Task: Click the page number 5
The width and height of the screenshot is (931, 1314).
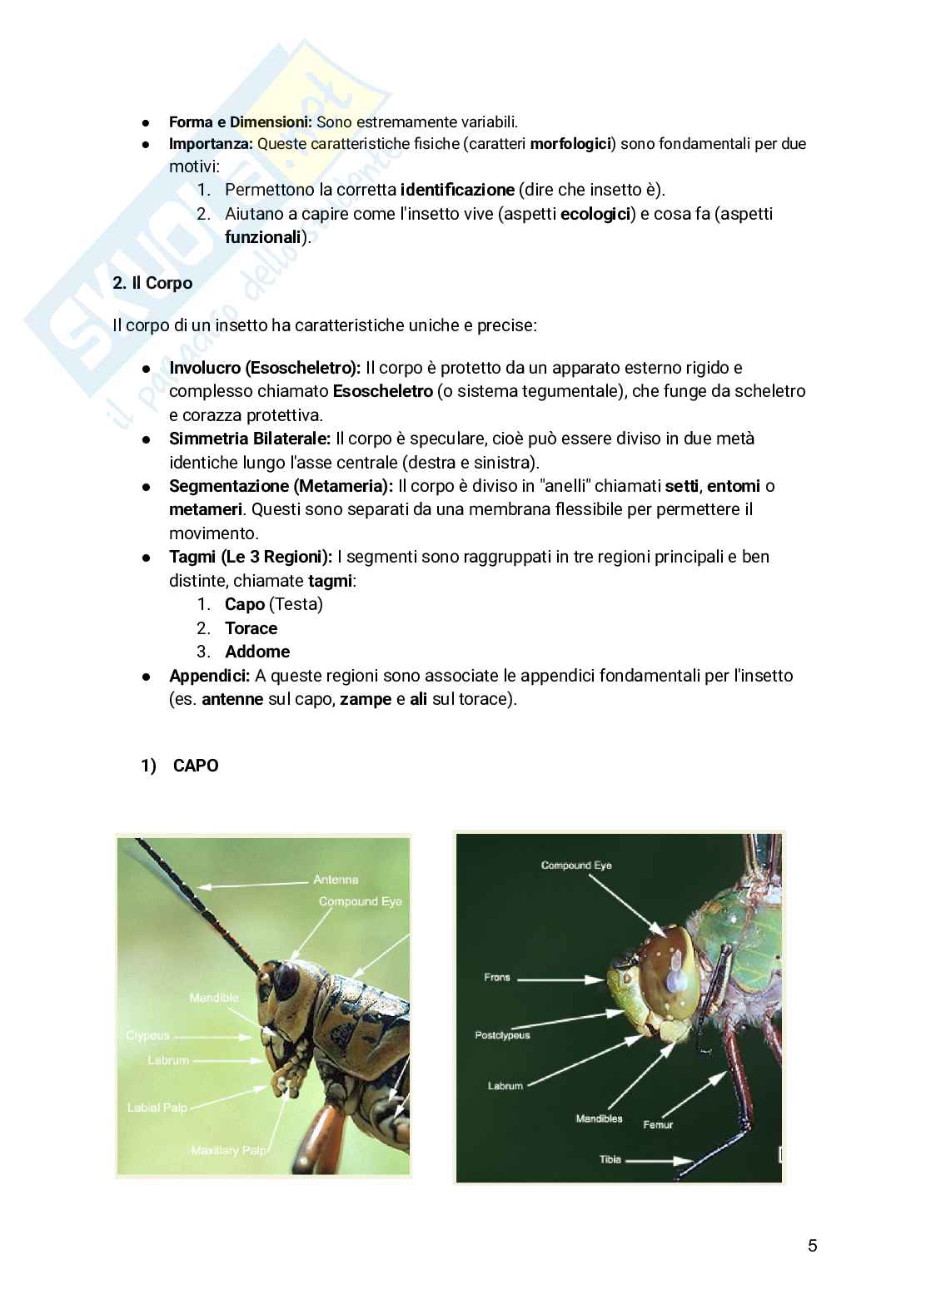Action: click(812, 1246)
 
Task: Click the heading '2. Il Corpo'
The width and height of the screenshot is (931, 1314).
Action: click(152, 283)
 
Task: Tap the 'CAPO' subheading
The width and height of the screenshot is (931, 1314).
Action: click(196, 766)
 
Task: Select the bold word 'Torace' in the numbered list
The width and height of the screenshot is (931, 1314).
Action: click(251, 628)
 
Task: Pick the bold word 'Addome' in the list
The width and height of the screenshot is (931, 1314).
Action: click(257, 652)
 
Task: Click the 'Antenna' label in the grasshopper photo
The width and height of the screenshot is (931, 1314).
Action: click(336, 880)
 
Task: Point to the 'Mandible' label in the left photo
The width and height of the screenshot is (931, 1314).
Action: click(214, 998)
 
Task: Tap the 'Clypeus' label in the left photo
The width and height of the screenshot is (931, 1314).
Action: click(148, 1035)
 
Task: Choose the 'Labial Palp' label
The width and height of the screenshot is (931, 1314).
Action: click(157, 1108)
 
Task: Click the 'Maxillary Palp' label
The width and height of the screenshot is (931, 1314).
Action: click(229, 1150)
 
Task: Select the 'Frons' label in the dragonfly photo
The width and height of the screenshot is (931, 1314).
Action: click(497, 977)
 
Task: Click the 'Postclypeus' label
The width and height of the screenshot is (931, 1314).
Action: click(502, 1035)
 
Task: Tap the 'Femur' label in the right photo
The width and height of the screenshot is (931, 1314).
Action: click(658, 1124)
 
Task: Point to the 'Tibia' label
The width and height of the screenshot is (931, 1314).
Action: click(610, 1159)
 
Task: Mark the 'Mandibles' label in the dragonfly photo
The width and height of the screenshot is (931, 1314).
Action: click(599, 1118)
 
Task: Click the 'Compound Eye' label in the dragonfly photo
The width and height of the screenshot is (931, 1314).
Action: click(576, 865)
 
